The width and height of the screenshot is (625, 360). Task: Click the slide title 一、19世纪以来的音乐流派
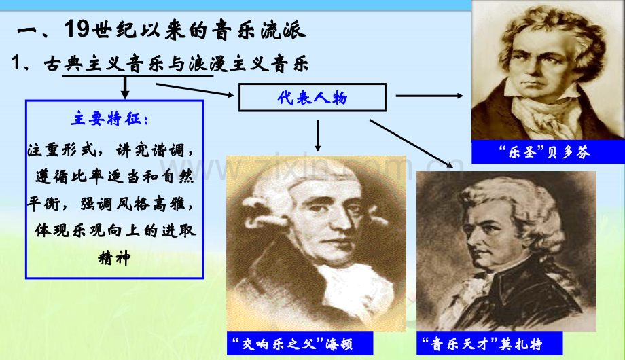[160, 31]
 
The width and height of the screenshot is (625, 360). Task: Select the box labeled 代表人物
[312, 98]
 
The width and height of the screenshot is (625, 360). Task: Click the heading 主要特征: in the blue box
[113, 120]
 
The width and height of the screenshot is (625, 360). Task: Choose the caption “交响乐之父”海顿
[292, 343]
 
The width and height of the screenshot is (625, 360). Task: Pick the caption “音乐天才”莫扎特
[482, 343]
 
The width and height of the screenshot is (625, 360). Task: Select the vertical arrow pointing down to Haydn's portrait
[318, 134]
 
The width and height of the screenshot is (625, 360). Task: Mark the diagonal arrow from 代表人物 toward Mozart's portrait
[411, 143]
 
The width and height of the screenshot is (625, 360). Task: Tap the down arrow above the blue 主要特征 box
[124, 88]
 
